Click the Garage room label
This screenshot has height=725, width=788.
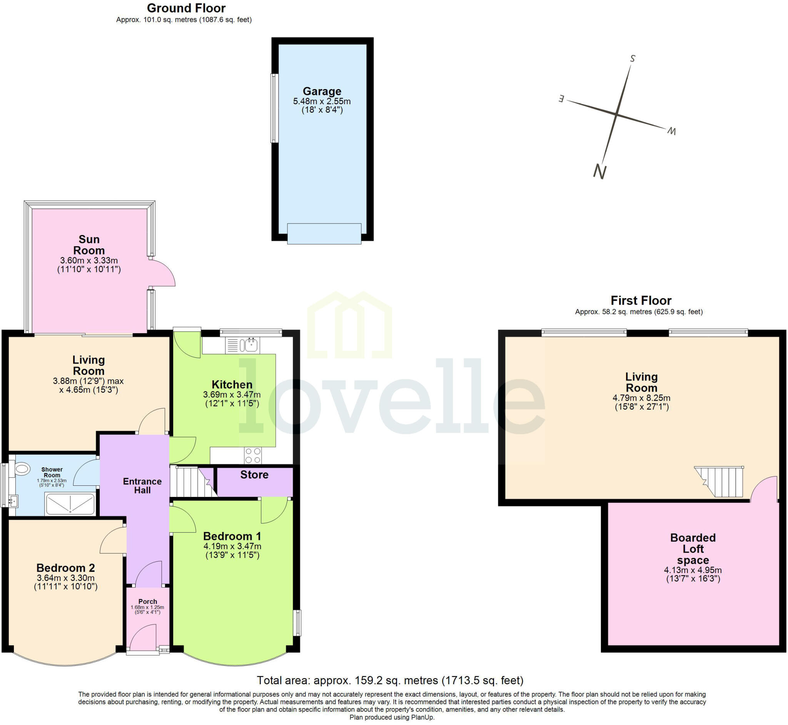(322, 92)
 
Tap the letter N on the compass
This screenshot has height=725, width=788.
(599, 172)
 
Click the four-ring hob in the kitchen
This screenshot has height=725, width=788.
(253, 455)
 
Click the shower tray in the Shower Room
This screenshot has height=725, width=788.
(70, 504)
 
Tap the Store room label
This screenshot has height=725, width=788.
(254, 475)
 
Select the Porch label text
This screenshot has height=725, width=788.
(147, 602)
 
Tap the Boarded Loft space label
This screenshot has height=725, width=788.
(693, 549)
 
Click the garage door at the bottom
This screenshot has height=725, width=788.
(324, 233)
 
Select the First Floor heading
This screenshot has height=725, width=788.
(641, 300)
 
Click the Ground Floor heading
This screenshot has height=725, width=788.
(186, 8)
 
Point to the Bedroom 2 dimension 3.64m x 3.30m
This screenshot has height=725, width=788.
(65, 578)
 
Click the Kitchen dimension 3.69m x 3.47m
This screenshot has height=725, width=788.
(232, 395)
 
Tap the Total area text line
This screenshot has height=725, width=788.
(390, 680)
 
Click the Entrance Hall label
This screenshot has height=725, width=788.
(142, 486)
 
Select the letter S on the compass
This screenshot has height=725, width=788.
(632, 58)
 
